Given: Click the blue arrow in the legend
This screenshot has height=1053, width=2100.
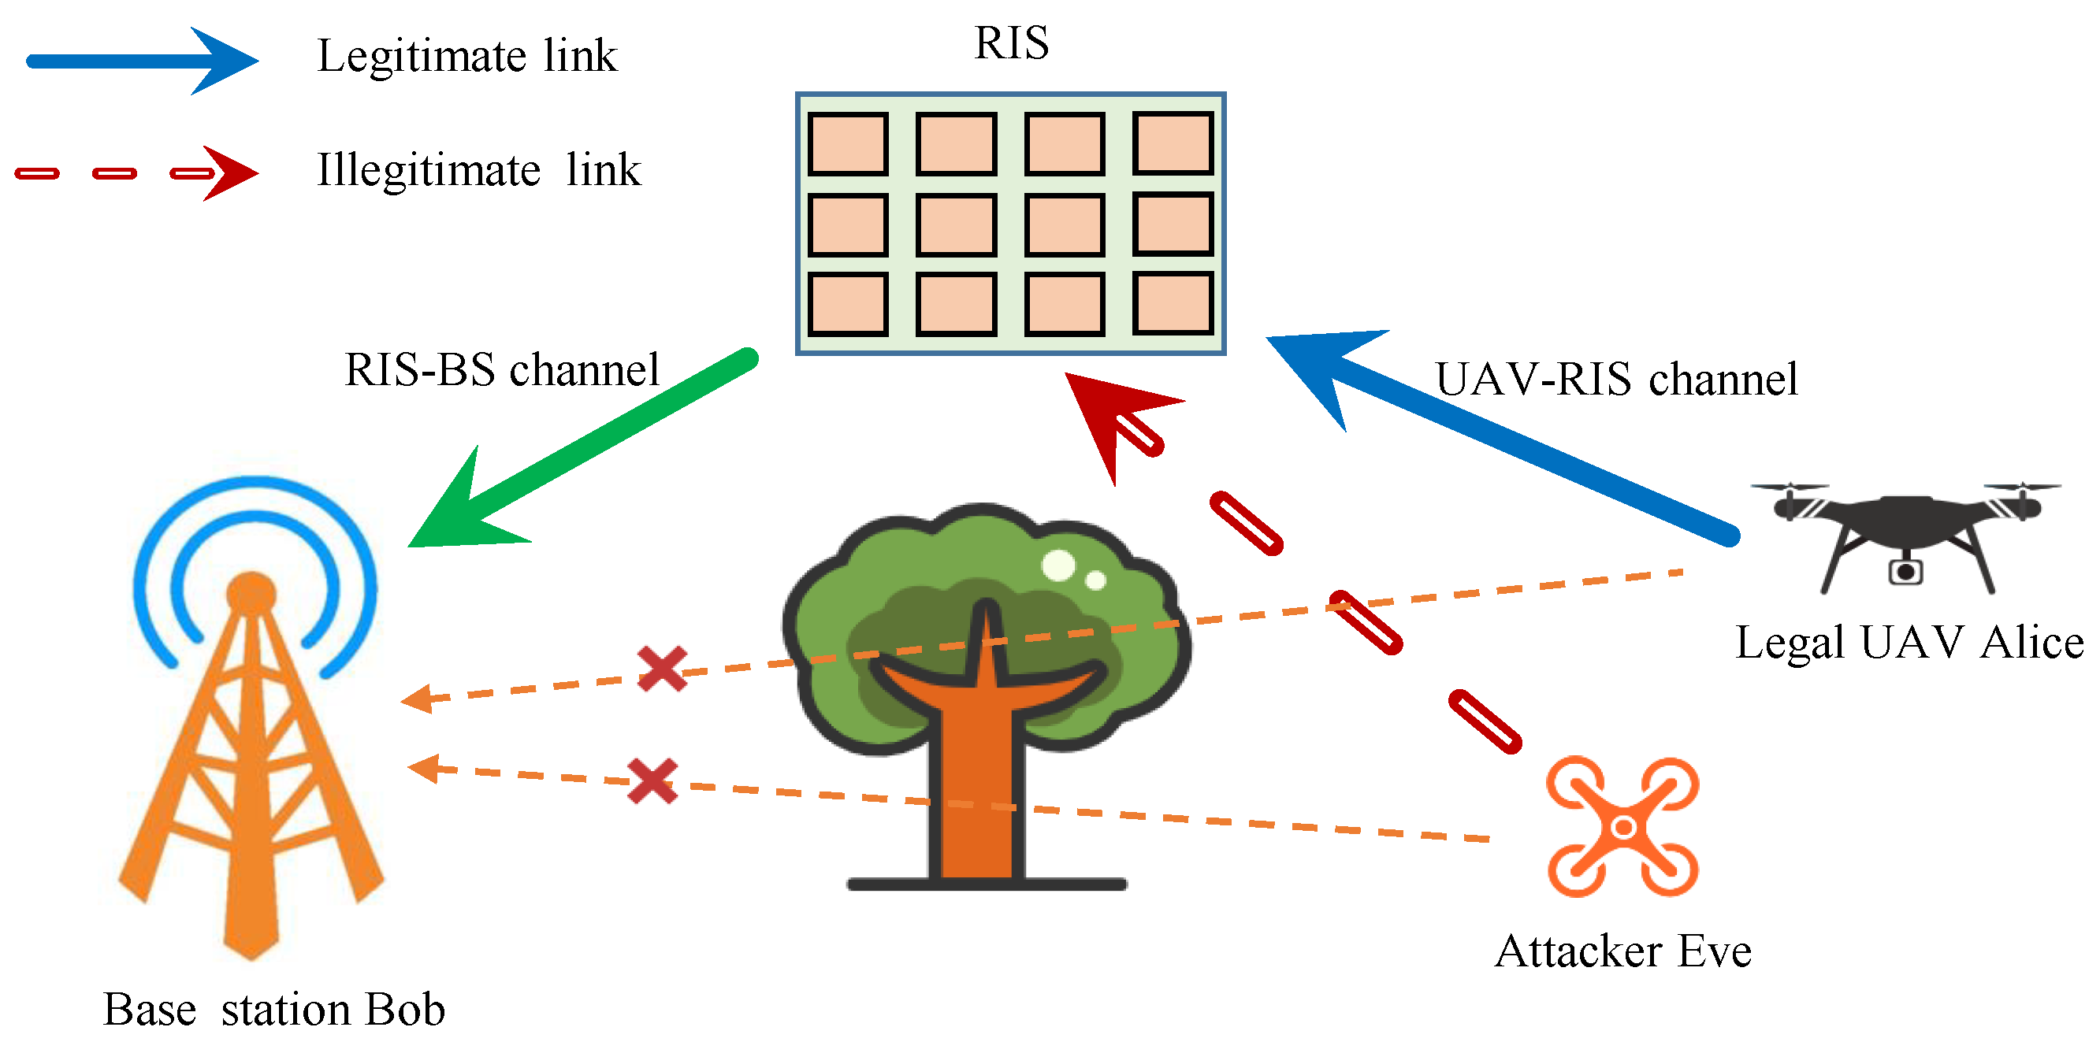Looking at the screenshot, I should tap(143, 61).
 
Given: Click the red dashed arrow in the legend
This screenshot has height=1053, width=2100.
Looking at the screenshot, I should tap(137, 172).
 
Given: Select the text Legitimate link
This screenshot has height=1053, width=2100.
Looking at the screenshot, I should tap(466, 56).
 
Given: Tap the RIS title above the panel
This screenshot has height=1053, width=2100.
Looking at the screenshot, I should tap(1011, 43).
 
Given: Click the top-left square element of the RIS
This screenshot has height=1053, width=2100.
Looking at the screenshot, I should tap(848, 144).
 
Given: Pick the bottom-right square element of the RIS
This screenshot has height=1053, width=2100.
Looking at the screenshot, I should tap(1173, 304).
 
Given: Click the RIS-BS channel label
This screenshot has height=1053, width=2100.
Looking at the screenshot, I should tap(501, 370).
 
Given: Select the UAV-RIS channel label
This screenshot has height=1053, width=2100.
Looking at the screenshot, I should tap(1615, 379).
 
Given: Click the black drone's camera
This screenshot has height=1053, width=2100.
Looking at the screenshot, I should tap(1905, 571).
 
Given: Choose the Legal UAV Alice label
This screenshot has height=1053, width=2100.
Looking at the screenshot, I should tap(1909, 642).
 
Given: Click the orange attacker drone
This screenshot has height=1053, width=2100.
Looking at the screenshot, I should tap(1622, 827).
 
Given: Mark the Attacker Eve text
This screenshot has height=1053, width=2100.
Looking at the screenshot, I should tap(1622, 951).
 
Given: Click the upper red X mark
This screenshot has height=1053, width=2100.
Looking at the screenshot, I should tap(662, 669).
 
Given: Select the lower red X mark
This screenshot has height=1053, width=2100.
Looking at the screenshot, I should tap(653, 780).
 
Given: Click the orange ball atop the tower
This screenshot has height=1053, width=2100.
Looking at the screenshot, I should tap(251, 592).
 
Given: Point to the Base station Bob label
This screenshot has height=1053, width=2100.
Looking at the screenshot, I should tap(274, 1010).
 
